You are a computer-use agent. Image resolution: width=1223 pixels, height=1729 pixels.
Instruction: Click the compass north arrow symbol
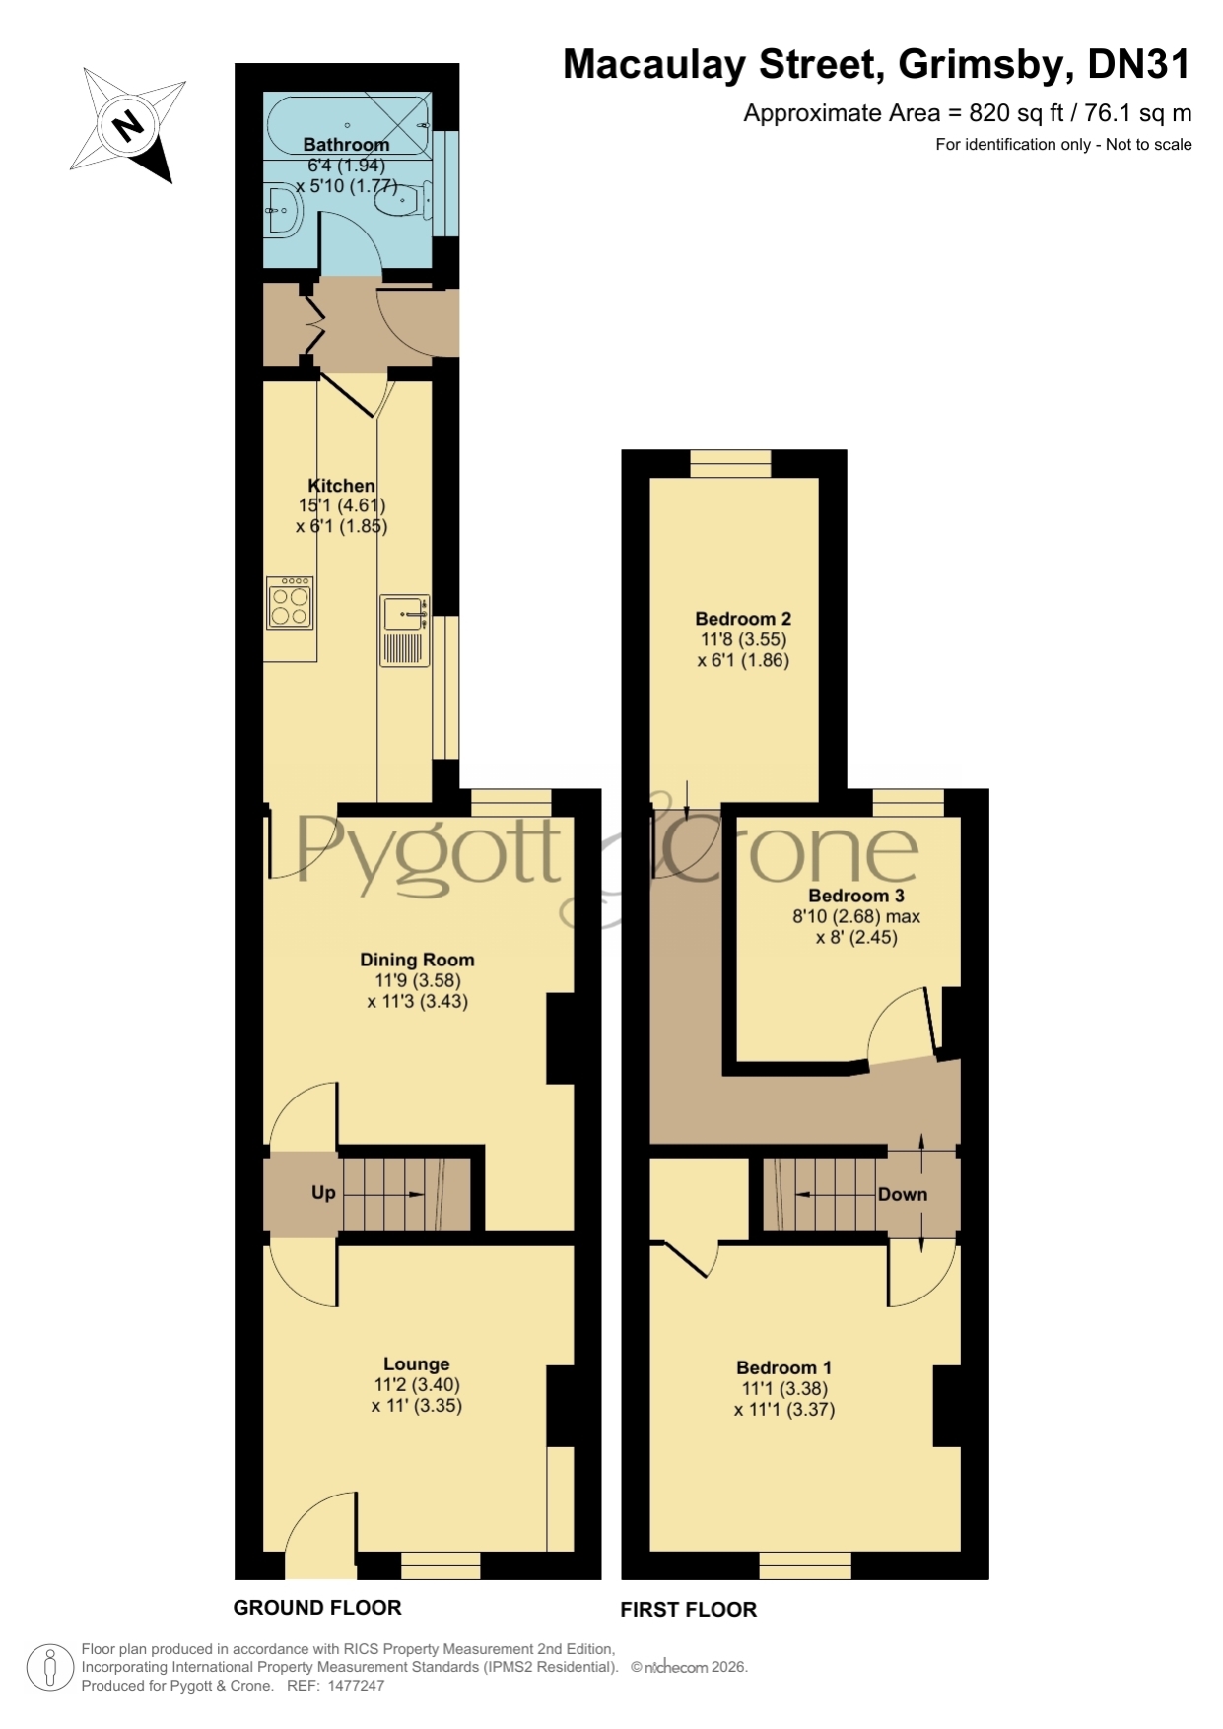[x=128, y=125]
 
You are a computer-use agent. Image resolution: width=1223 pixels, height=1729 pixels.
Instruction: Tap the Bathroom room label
[x=346, y=145]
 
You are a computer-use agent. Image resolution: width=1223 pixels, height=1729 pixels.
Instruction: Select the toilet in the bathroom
[x=402, y=201]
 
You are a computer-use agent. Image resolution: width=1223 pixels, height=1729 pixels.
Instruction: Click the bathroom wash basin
[x=284, y=211]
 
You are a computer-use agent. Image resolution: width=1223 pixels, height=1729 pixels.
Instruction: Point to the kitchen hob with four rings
[x=291, y=603]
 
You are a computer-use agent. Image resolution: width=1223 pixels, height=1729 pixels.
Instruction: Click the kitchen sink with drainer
[x=406, y=631]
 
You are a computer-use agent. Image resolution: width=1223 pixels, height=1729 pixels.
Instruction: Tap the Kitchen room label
[x=342, y=486]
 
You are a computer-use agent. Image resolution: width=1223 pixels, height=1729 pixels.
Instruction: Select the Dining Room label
[x=417, y=960]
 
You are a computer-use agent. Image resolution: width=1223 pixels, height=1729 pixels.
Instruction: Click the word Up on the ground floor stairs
[x=323, y=1193]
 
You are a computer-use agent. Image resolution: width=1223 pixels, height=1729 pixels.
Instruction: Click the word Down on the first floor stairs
[x=903, y=1195]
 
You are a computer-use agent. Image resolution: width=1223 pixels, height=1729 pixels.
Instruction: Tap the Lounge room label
[x=417, y=1364]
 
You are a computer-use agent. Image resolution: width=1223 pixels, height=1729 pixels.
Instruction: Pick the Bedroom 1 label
[x=784, y=1368]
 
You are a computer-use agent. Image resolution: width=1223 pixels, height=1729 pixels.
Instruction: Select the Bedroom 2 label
[x=743, y=619]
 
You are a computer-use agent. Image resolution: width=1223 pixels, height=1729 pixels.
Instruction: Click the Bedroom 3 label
[x=856, y=896]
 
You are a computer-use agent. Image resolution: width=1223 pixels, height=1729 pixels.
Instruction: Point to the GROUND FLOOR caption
[x=317, y=1608]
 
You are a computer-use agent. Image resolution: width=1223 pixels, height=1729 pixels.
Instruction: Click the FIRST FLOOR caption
[x=689, y=1610]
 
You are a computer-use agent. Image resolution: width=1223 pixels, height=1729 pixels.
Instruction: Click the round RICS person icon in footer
[x=49, y=1668]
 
